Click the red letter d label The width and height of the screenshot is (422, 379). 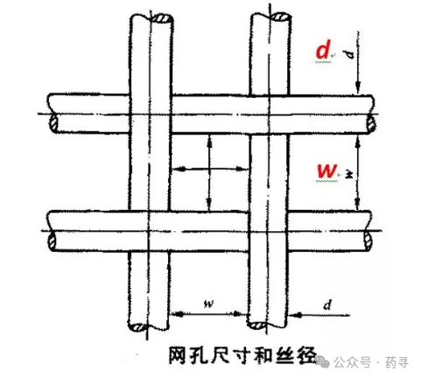click(323, 50)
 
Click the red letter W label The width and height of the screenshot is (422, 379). click(327, 171)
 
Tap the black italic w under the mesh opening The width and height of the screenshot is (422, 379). click(209, 305)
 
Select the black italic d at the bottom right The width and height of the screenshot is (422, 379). click(327, 305)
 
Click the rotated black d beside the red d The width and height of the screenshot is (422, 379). click(349, 54)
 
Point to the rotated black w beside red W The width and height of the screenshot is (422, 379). click(349, 174)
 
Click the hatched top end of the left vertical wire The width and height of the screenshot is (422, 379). click(161, 18)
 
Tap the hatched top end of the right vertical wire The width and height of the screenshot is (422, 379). click(280, 17)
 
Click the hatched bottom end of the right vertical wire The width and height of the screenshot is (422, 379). click(257, 326)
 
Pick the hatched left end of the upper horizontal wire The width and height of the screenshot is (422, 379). click(53, 123)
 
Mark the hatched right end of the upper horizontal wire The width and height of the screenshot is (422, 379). click(371, 124)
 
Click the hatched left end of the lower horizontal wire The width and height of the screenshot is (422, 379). click(52, 241)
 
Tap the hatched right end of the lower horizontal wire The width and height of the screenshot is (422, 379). click(369, 241)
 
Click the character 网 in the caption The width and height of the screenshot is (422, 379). click(177, 355)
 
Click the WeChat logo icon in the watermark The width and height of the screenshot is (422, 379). click(323, 361)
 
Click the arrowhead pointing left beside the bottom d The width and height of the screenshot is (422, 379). click(295, 315)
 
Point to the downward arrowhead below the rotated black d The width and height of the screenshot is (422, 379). click(359, 88)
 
